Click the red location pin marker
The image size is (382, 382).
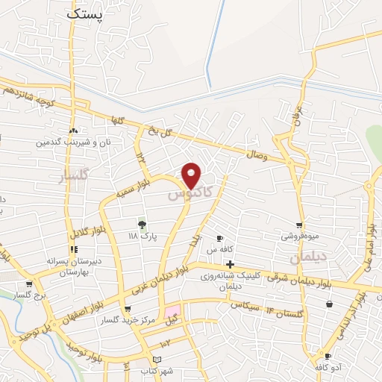[192, 176]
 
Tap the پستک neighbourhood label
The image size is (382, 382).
[86, 13]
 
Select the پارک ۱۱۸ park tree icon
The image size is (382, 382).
[140, 223]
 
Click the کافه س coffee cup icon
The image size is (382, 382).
[220, 238]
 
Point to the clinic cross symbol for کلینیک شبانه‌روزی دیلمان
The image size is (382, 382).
[230, 264]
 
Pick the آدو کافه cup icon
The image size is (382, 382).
[328, 357]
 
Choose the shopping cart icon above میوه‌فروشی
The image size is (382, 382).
[299, 225]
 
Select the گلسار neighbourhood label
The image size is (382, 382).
[72, 176]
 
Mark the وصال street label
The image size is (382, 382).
[256, 154]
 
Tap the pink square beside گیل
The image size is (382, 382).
[173, 310]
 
